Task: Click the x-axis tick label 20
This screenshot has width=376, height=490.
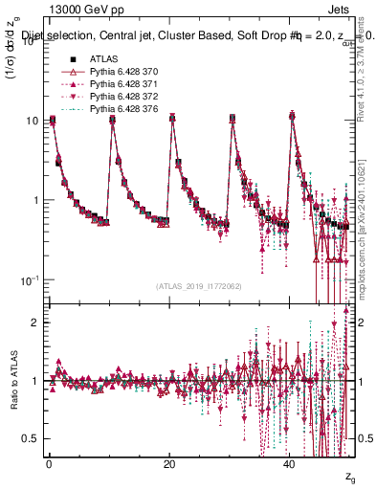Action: tap(169, 464)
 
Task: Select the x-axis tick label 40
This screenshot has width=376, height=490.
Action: tap(290, 464)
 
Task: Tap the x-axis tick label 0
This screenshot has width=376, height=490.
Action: tap(49, 464)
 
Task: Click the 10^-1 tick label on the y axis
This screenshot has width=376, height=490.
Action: tap(30, 280)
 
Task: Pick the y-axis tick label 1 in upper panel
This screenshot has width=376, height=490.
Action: tap(36, 200)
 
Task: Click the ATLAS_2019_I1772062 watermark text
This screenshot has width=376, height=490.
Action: tap(199, 286)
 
